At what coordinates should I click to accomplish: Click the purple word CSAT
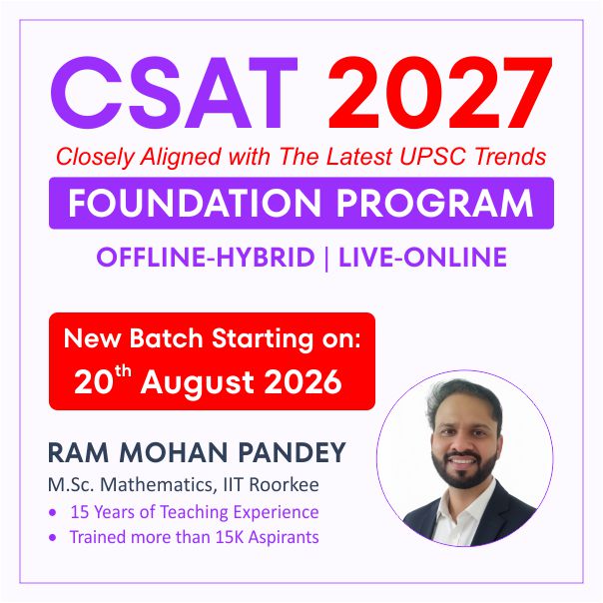(x=174, y=92)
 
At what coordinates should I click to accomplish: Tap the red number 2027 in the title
(x=440, y=92)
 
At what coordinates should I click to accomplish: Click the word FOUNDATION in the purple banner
(x=195, y=203)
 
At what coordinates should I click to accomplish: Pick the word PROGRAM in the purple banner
(x=435, y=203)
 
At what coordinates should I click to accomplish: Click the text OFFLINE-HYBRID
(x=206, y=257)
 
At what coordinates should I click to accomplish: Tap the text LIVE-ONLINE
(x=422, y=257)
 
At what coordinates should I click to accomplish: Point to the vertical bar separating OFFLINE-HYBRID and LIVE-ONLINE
(x=326, y=258)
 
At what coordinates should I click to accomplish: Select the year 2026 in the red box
(x=303, y=382)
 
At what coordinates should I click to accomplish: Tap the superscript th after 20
(x=122, y=372)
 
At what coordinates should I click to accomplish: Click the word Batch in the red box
(x=166, y=338)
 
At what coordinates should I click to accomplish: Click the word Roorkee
(x=284, y=484)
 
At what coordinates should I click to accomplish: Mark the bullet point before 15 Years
(x=53, y=512)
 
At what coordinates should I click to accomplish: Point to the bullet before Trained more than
(x=53, y=538)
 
